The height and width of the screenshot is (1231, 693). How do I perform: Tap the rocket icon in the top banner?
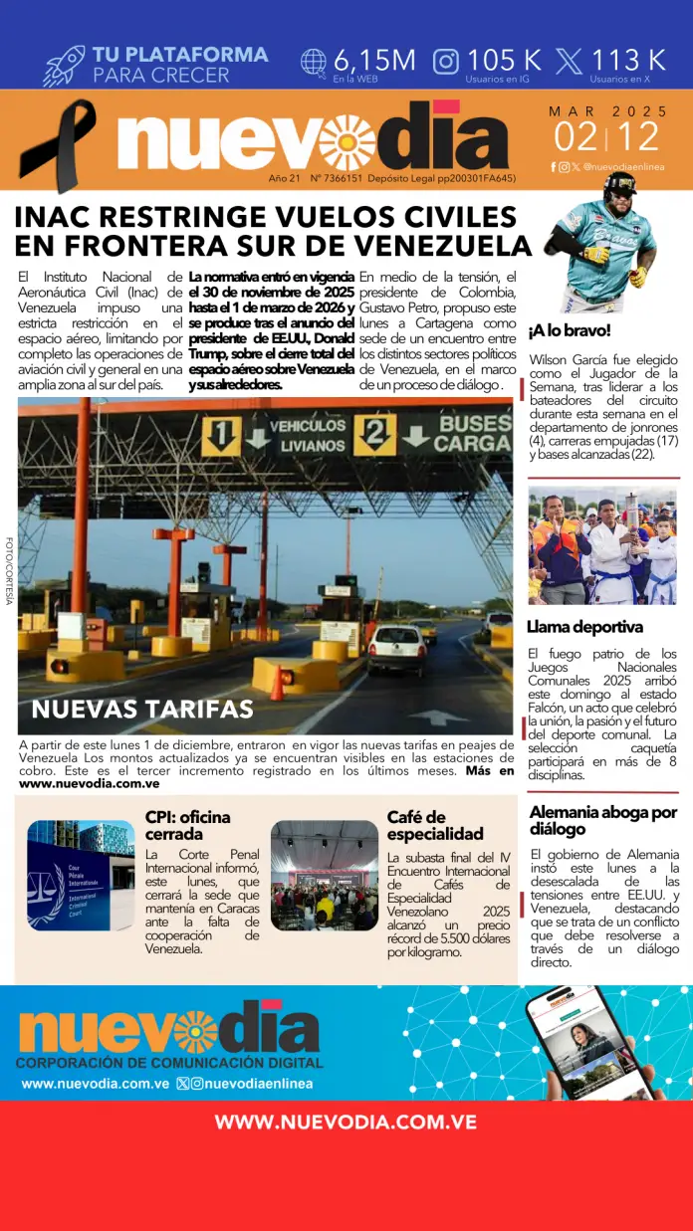pyautogui.click(x=64, y=65)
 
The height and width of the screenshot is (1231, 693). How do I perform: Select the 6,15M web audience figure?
pyautogui.click(x=373, y=60)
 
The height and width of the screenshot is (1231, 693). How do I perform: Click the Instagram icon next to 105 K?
pyautogui.click(x=446, y=61)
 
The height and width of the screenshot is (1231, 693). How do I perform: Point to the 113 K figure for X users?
pyautogui.click(x=628, y=60)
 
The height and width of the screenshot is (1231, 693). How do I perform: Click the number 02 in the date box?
pyautogui.click(x=577, y=135)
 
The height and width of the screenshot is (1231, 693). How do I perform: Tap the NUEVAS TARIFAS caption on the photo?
pyautogui.click(x=142, y=710)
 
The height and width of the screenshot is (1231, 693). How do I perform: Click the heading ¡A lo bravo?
pyautogui.click(x=570, y=330)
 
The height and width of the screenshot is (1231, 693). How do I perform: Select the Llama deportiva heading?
pyautogui.click(x=584, y=627)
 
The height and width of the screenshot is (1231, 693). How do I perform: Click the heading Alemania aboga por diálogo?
pyautogui.click(x=603, y=820)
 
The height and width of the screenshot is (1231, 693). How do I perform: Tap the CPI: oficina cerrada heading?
pyautogui.click(x=187, y=826)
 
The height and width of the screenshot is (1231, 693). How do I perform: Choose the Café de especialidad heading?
pyautogui.click(x=435, y=826)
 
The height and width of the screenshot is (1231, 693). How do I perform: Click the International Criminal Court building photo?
pyautogui.click(x=81, y=875)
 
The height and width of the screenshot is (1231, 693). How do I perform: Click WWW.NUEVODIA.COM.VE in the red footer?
pyautogui.click(x=346, y=1123)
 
